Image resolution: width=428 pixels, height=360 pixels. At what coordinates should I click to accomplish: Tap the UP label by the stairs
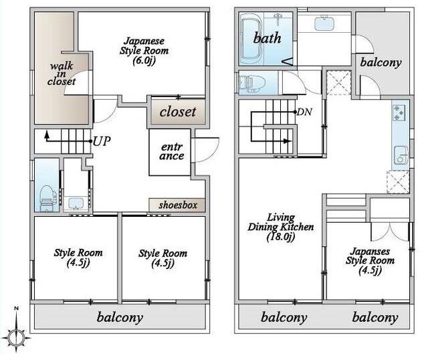point(102,141)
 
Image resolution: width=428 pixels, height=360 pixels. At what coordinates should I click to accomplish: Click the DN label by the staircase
point(304,112)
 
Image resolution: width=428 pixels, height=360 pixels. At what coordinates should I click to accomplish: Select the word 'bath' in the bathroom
point(267,37)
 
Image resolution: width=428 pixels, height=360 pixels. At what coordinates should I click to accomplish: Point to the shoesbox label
point(178,205)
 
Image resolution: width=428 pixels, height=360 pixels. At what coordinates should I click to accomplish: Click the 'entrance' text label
point(172,151)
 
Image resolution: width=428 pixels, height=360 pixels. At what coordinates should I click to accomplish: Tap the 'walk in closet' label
point(62,74)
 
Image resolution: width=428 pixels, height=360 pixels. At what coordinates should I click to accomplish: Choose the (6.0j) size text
point(144,61)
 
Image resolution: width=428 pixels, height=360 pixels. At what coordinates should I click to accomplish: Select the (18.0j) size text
point(281,236)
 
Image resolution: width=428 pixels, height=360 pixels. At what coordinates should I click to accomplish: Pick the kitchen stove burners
point(399,112)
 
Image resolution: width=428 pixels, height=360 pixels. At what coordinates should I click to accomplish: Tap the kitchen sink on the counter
point(401,156)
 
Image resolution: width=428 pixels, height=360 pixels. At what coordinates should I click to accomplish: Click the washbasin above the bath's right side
point(324,23)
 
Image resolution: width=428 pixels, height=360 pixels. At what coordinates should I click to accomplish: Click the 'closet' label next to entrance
point(178,112)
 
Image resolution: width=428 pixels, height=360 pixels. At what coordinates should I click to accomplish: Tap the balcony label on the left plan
point(120,317)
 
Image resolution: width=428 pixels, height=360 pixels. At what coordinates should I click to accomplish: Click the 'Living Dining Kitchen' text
point(281,222)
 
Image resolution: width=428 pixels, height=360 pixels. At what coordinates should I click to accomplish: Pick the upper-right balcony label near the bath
point(381,62)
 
